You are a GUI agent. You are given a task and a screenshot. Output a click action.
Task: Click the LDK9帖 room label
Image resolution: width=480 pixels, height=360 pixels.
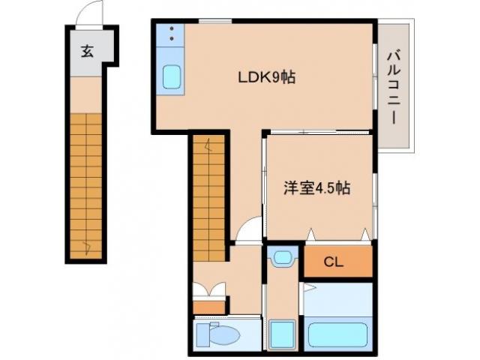pyautogui.click(x=265, y=77)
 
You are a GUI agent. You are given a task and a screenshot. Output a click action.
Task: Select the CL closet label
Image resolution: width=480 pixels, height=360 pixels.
pyautogui.click(x=335, y=262)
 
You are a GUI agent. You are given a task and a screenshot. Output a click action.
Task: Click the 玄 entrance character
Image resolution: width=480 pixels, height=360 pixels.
pyautogui.click(x=87, y=52)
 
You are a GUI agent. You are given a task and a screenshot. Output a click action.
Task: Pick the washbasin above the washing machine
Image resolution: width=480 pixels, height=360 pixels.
pyautogui.click(x=282, y=258)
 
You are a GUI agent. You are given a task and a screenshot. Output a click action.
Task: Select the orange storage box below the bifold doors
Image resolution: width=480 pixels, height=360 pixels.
pyautogui.click(x=209, y=306)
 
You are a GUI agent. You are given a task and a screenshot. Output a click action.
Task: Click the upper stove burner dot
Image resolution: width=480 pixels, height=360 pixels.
pyautogui.click(x=171, y=29)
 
